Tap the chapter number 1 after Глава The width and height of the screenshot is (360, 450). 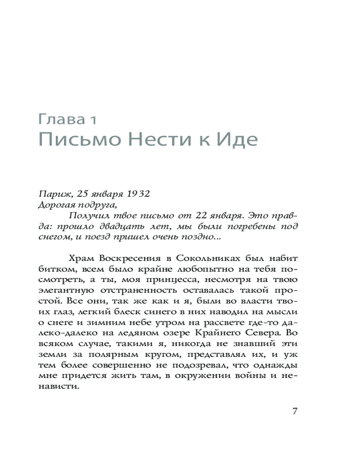(91, 120)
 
